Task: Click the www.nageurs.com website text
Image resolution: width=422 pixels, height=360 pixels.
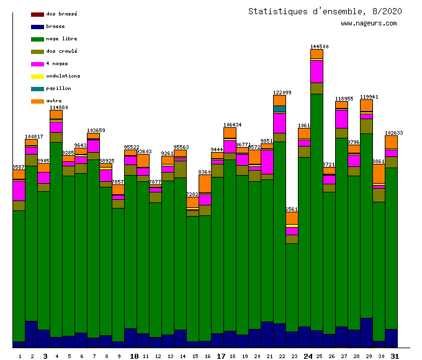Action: tap(369, 24)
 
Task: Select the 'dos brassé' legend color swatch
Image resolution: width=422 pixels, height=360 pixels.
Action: tap(37, 14)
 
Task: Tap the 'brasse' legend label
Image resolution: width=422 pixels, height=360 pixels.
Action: tap(56, 27)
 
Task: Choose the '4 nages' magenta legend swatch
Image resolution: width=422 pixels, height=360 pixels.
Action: tap(37, 64)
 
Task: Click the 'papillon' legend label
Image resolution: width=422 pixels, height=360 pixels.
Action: tap(58, 89)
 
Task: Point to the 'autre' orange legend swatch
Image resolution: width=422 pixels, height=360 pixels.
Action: tap(37, 101)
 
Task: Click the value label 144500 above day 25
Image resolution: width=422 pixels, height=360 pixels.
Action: tap(320, 47)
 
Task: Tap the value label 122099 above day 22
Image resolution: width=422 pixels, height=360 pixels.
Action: tap(282, 92)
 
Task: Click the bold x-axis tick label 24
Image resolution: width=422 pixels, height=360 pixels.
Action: tap(308, 356)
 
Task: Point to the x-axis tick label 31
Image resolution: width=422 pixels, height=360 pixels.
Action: tap(395, 356)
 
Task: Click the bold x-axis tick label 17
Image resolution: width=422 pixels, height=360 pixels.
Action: tap(222, 356)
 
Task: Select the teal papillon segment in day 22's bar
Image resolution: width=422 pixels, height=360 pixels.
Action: tap(279, 109)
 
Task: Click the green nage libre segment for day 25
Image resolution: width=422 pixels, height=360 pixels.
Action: tap(316, 211)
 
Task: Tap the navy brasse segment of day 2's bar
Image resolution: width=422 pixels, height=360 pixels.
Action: tap(31, 334)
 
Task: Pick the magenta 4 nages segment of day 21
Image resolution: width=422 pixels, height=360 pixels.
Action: tap(267, 161)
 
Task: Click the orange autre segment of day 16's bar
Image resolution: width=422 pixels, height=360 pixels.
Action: tap(205, 183)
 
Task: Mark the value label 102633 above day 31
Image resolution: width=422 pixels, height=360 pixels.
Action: tap(394, 133)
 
